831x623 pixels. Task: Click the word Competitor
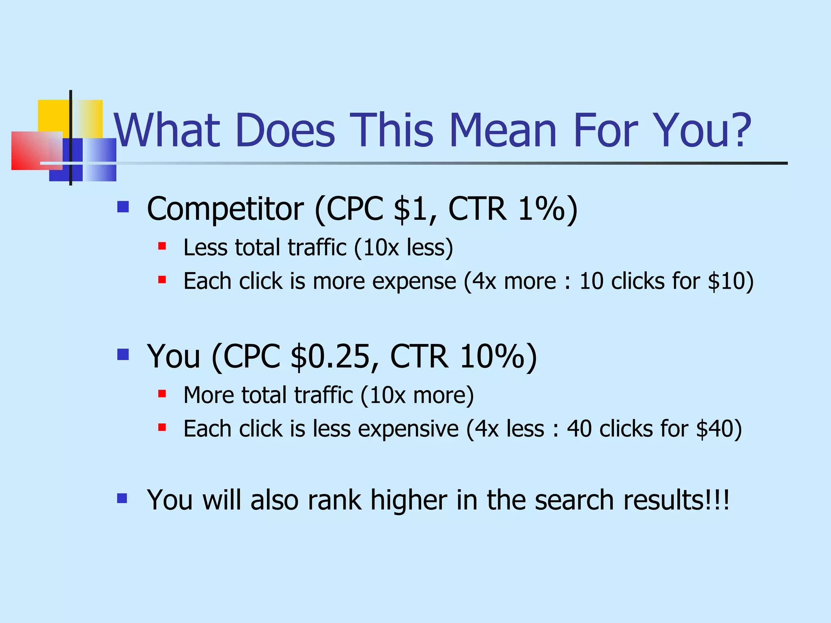tap(225, 209)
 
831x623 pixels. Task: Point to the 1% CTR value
tap(542, 209)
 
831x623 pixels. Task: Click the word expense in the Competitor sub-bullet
tap(414, 281)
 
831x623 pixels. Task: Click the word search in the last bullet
tap(574, 500)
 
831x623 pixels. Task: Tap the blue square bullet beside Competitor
tap(123, 207)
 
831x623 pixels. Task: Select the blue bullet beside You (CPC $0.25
tap(123, 354)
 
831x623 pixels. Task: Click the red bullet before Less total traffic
tap(162, 246)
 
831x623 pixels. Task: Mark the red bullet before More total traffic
tap(162, 393)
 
